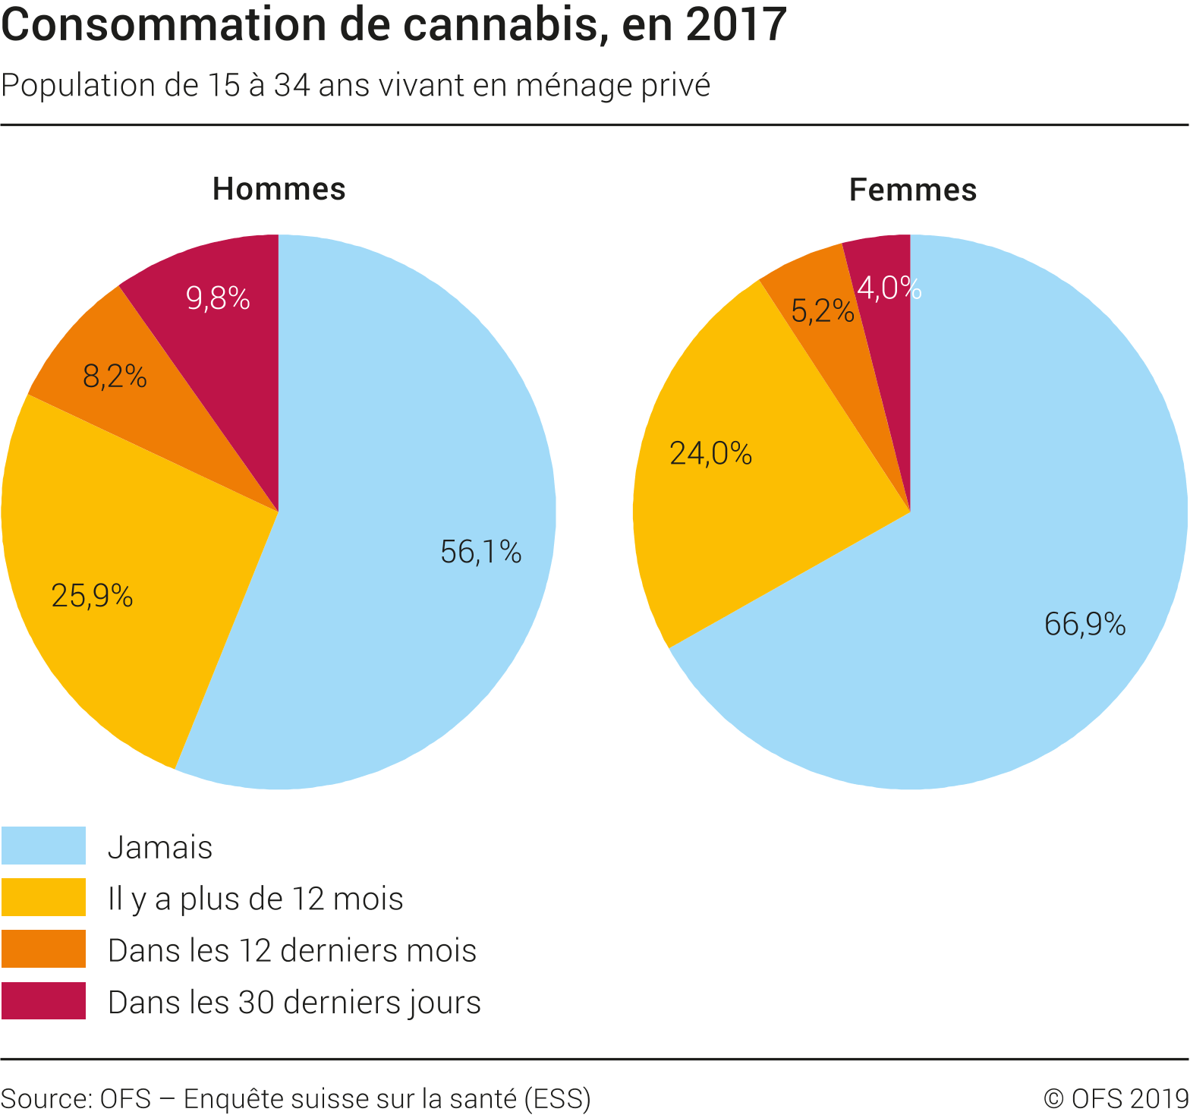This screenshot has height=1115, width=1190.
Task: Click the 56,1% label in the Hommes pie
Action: click(x=480, y=552)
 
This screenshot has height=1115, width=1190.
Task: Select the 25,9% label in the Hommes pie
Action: click(x=92, y=596)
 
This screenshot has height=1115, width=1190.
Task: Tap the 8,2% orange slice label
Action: click(x=115, y=376)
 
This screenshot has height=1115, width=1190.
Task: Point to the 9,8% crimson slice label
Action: click(x=218, y=299)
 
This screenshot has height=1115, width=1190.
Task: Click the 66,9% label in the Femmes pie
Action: click(x=1085, y=624)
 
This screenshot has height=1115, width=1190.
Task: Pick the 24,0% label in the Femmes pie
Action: click(x=710, y=454)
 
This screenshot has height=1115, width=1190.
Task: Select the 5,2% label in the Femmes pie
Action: click(x=822, y=311)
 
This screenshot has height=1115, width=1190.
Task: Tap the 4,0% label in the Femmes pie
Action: click(x=889, y=288)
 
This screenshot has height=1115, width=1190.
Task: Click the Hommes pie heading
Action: click(x=279, y=189)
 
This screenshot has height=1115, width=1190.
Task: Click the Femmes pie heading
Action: click(x=912, y=190)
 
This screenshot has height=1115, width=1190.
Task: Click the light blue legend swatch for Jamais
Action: click(x=43, y=846)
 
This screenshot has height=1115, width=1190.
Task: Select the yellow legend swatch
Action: click(x=43, y=897)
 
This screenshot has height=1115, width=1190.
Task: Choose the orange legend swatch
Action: click(x=43, y=949)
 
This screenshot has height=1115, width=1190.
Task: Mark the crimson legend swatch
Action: click(x=43, y=1000)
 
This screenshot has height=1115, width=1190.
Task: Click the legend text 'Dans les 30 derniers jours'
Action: click(x=294, y=1002)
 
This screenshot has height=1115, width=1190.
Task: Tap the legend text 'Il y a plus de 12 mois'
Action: click(x=255, y=899)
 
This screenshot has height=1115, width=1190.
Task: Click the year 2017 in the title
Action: click(x=735, y=25)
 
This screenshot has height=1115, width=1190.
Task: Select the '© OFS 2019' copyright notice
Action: click(x=1116, y=1098)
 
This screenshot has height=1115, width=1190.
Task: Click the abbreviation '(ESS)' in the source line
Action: click(x=557, y=1098)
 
